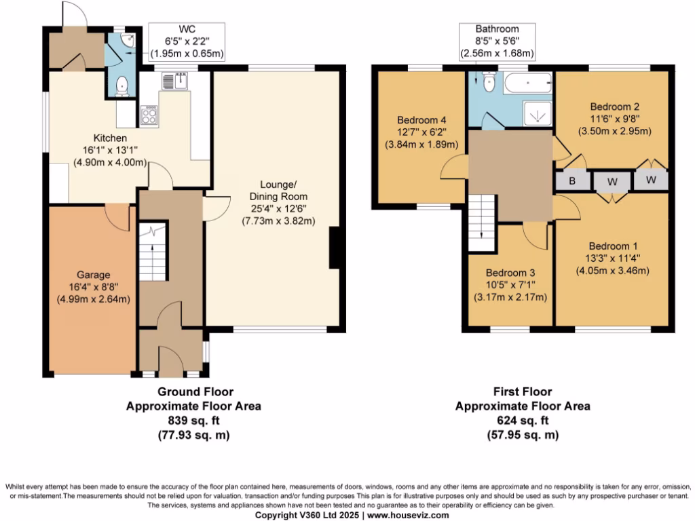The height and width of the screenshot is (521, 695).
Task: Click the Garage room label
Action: pyautogui.click(x=93, y=275)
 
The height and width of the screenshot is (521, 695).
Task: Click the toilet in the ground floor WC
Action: pyautogui.click(x=121, y=85)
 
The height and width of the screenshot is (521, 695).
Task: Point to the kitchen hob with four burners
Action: pyautogui.click(x=149, y=117)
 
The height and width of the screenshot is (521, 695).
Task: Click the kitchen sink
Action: pyautogui.click(x=170, y=81)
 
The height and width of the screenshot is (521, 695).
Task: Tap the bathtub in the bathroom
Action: pyautogui.click(x=528, y=85)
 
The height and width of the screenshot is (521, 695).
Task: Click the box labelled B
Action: pyautogui.click(x=571, y=180)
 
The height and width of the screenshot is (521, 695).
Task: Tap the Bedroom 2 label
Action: pyautogui.click(x=614, y=107)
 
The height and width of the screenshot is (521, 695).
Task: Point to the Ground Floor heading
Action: pyautogui.click(x=195, y=391)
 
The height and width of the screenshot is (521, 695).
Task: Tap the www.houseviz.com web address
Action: pyautogui.click(x=407, y=516)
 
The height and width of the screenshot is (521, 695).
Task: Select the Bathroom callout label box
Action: pyautogui.click(x=497, y=41)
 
